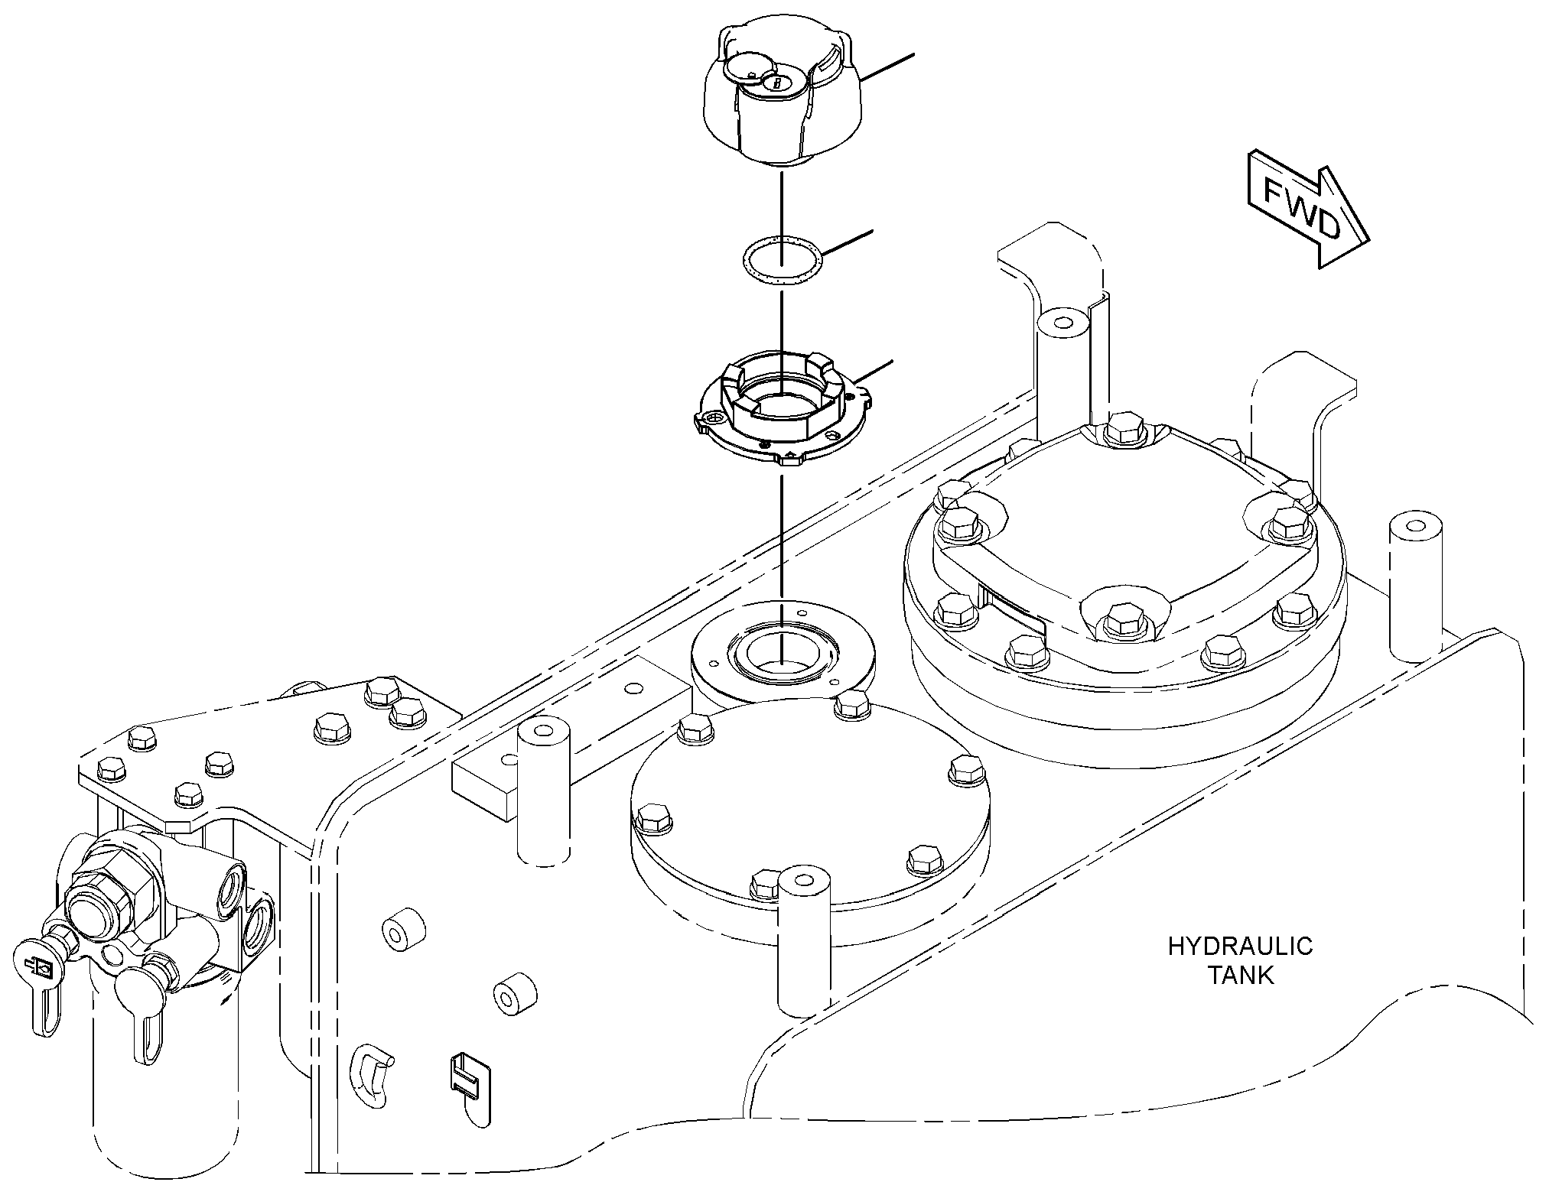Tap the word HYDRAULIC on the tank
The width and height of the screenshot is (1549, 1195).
[x=1240, y=947]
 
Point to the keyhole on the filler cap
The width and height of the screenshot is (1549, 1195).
[x=775, y=83]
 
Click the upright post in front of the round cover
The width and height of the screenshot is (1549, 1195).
[x=803, y=949]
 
